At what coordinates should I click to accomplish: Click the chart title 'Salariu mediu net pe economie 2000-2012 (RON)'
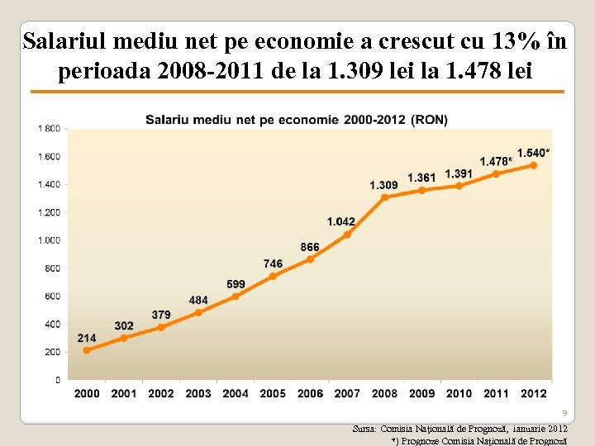[297, 120]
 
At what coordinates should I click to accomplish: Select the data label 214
[87, 338]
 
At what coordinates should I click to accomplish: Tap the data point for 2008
[384, 197]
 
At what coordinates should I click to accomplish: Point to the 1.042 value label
[340, 221]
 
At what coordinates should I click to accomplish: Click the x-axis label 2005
[273, 393]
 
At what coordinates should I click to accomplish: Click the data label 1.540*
[533, 153]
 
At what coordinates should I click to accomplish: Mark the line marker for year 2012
[533, 165]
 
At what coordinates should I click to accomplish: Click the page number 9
[564, 413]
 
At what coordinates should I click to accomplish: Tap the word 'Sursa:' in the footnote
[364, 429]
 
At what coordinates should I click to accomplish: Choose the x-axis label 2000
[87, 393]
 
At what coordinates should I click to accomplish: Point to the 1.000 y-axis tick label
[48, 240]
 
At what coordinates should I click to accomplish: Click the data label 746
[273, 263]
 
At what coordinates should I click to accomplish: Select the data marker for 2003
[198, 312]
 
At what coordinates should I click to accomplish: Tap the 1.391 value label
[459, 173]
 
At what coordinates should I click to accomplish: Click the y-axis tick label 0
[57, 380]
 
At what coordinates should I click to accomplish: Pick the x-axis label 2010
[459, 393]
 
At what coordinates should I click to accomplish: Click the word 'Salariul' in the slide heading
[66, 41]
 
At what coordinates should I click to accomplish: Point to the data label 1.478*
[496, 161]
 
